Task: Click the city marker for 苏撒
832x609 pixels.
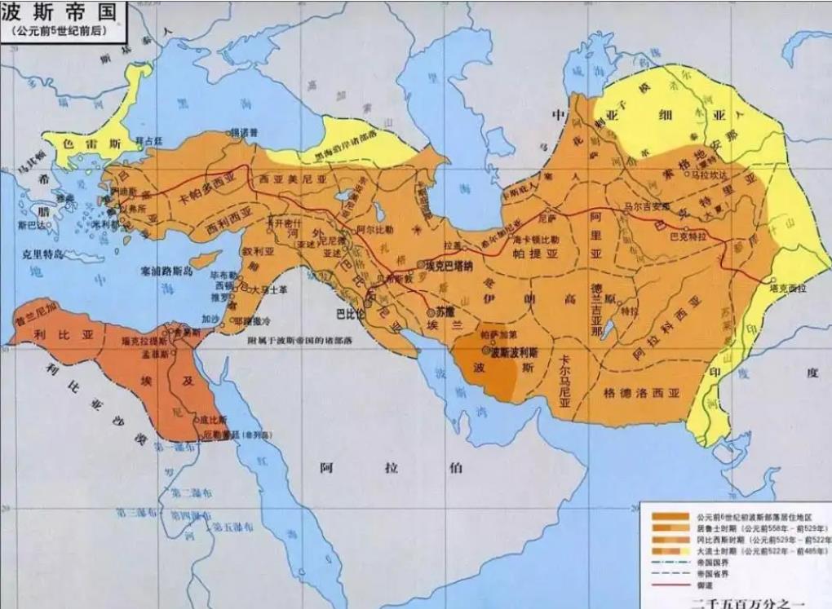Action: (431, 313)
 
